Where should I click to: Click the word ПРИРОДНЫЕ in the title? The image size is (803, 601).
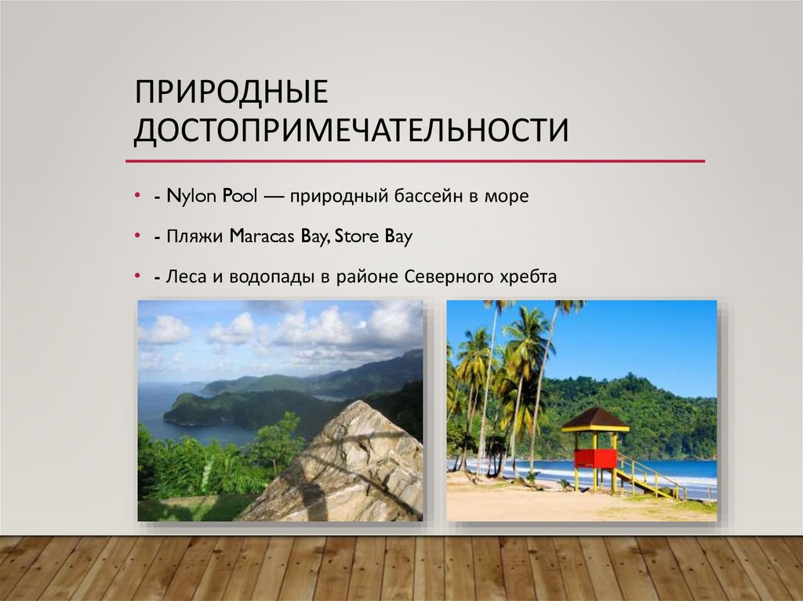click(229, 93)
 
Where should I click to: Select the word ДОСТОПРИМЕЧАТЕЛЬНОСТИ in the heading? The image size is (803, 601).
click(351, 130)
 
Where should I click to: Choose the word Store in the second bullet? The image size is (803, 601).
click(354, 237)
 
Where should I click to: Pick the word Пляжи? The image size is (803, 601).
click(196, 237)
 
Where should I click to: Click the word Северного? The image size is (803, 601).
click(449, 277)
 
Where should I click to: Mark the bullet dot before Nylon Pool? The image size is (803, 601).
click(137, 196)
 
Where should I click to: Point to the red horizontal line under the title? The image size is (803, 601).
click(416, 161)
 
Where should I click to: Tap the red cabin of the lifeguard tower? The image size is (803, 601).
click(594, 458)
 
